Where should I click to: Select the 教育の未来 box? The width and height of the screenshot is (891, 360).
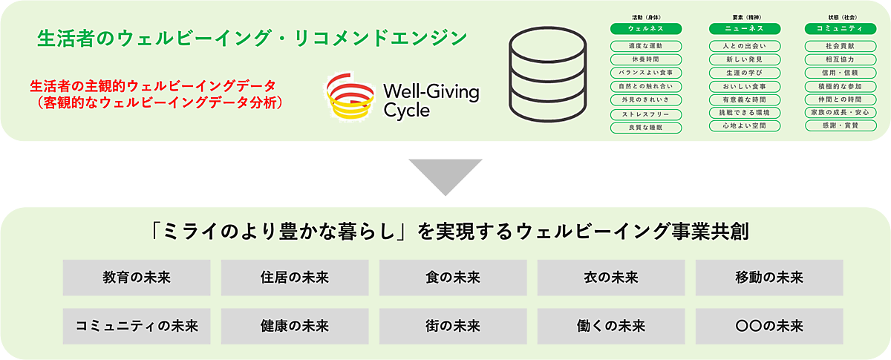[x=137, y=278]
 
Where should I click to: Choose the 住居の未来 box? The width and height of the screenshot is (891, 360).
[x=295, y=278]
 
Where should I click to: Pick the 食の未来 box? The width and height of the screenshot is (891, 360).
[x=453, y=278]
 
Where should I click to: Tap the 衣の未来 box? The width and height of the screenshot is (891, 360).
[x=611, y=278]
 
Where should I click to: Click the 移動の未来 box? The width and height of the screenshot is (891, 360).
[x=768, y=278]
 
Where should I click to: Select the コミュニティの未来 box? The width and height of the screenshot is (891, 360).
[x=137, y=325]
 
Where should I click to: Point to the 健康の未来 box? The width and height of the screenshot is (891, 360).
[x=295, y=325]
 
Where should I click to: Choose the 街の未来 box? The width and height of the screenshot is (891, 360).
[x=453, y=325]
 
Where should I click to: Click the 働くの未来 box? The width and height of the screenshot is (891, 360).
[x=611, y=325]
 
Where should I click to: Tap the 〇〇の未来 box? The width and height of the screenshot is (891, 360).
[x=768, y=325]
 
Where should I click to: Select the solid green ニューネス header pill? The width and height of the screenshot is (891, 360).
[x=745, y=29]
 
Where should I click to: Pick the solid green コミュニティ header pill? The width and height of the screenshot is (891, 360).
[x=834, y=29]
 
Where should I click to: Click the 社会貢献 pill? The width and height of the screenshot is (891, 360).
[x=834, y=46]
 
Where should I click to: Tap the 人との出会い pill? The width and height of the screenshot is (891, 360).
[x=745, y=46]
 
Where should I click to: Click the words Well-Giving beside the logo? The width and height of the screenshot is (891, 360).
[x=431, y=93]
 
